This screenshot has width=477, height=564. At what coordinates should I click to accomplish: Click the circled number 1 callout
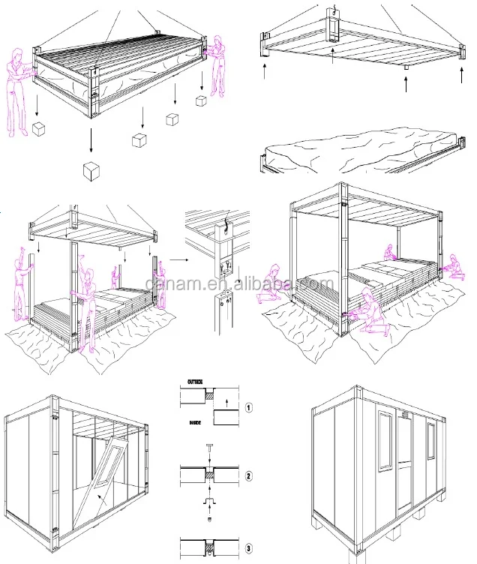pos(249,408)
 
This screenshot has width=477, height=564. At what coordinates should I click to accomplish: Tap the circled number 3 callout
pos(249,548)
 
